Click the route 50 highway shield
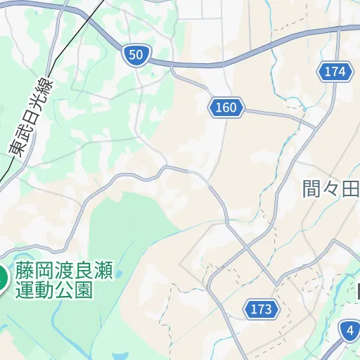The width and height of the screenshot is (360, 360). [136, 54]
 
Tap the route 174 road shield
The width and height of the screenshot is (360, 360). [335, 71]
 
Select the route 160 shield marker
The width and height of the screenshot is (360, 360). [226, 108]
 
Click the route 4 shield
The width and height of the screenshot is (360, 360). [349, 330]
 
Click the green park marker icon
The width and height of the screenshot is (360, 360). [1, 278]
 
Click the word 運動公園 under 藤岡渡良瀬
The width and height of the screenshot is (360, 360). [56, 289]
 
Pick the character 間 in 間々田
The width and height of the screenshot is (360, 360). [311, 189]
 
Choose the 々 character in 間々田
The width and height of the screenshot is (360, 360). [331, 189]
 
